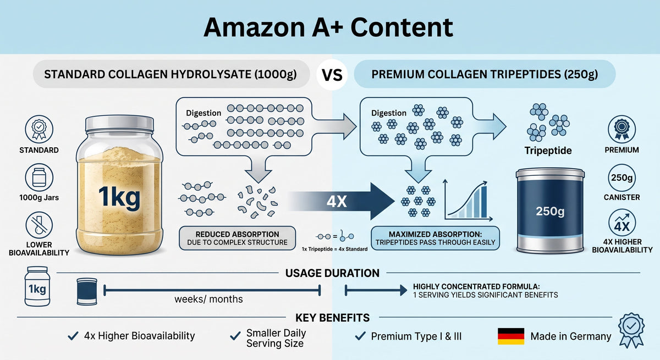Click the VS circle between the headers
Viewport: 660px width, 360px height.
(332, 75)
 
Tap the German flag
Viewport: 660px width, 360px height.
(511, 336)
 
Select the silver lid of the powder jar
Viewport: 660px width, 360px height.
(119, 123)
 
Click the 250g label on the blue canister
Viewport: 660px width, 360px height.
(550, 211)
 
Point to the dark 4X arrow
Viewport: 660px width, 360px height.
(342, 201)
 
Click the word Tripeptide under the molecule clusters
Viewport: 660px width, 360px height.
(548, 151)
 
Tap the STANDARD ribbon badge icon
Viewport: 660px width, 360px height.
(39, 129)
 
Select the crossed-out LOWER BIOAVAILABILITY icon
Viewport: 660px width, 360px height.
(39, 225)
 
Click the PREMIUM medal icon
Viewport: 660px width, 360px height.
(621, 129)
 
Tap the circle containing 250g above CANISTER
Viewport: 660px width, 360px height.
(621, 178)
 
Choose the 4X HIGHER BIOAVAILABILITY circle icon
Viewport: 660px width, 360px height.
(621, 223)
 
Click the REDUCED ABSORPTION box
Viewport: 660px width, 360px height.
(237, 238)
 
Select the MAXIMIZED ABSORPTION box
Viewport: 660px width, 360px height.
(435, 238)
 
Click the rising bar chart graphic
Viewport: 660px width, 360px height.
(468, 200)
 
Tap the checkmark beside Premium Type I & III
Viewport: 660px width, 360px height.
(360, 336)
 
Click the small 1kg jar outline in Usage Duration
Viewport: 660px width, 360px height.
(37, 286)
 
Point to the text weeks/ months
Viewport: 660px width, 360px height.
(208, 300)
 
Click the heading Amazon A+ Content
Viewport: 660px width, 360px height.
(328, 27)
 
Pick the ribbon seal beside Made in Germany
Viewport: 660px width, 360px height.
(631, 330)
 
